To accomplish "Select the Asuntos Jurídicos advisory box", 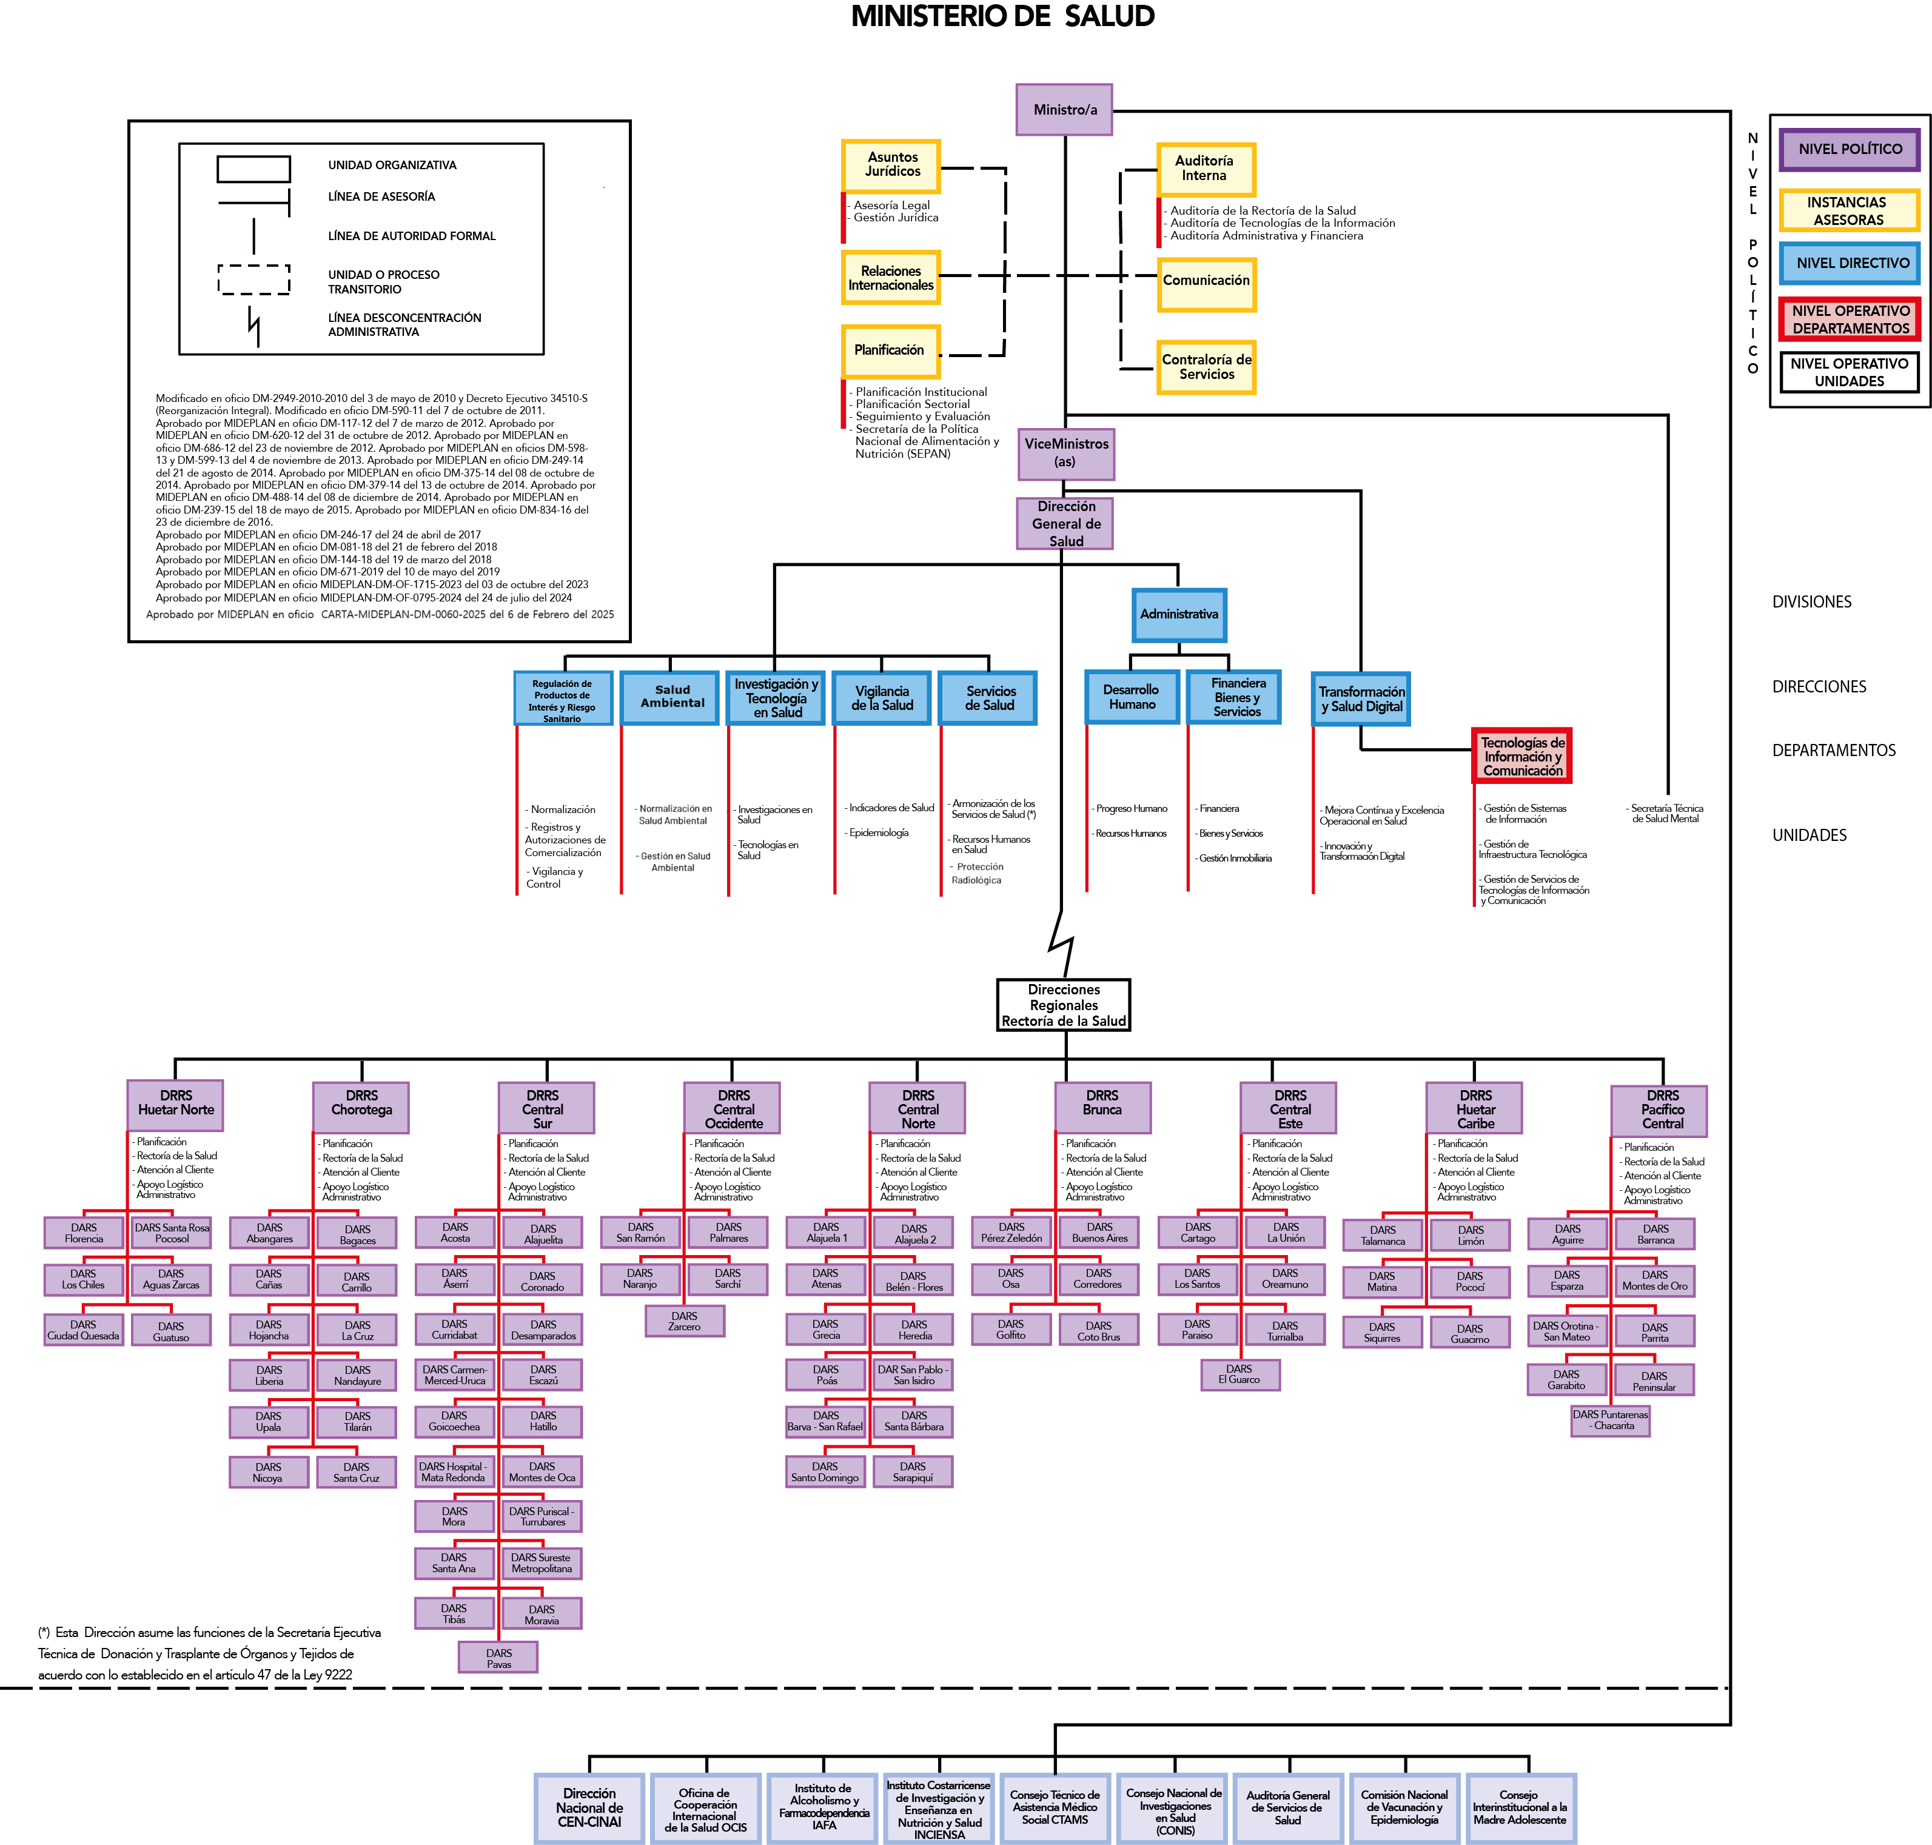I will tap(891, 166).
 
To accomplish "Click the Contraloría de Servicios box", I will tap(1206, 367).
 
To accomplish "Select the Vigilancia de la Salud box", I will tap(881, 698).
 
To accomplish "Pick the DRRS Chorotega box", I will tap(361, 1107).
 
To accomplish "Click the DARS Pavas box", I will tap(498, 1658).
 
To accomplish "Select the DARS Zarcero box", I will tap(685, 1321).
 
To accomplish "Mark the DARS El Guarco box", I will tap(1239, 1374).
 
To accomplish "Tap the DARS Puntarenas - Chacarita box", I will tap(1611, 1420).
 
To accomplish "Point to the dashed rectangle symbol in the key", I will tap(254, 280).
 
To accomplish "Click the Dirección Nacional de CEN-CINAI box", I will tap(589, 1807).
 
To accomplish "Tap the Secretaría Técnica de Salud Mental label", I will tap(1666, 813).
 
